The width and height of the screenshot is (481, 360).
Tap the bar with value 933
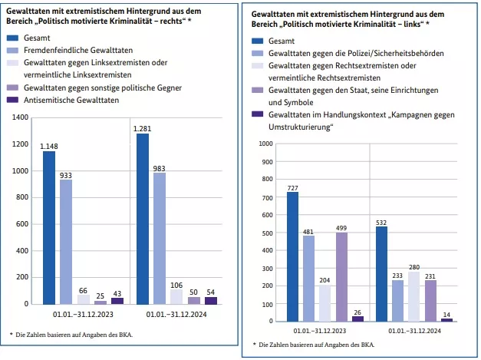(66, 242)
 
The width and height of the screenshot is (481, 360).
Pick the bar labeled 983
(160, 238)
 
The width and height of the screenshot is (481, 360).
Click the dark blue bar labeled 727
(292, 256)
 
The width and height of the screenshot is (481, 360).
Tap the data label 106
(176, 285)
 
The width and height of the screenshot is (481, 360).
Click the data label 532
(381, 223)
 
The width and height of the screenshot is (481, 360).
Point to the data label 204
(325, 280)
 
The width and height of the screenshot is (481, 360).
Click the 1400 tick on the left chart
(21, 117)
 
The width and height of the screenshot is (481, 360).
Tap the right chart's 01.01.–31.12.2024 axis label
(413, 331)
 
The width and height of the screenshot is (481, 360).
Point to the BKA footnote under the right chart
(315, 345)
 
